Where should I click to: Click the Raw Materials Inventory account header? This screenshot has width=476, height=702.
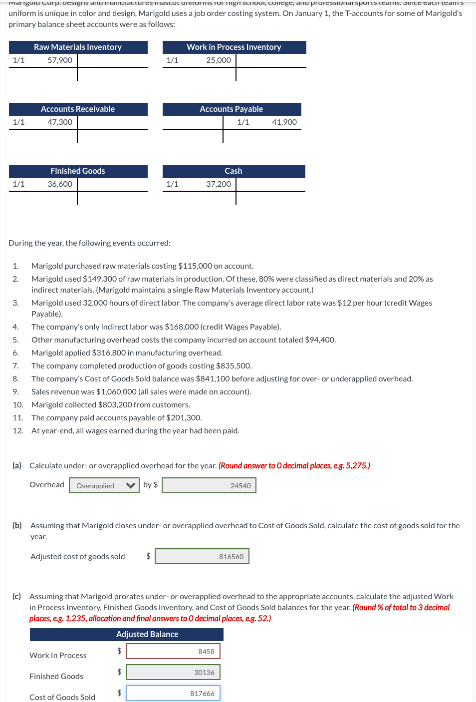click(78, 47)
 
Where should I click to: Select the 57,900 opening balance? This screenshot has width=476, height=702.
click(60, 60)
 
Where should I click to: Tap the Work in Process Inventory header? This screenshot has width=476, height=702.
click(234, 47)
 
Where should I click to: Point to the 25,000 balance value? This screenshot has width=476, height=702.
click(219, 60)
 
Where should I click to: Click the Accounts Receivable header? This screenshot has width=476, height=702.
click(78, 109)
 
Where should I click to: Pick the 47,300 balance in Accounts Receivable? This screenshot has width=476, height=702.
click(60, 122)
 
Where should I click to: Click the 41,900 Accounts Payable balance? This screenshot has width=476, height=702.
click(284, 122)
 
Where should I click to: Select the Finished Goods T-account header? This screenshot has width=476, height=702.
click(78, 171)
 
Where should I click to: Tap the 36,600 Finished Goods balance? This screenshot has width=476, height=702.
click(60, 184)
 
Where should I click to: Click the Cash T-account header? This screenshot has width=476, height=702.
click(234, 171)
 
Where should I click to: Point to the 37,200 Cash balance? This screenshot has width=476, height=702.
click(219, 184)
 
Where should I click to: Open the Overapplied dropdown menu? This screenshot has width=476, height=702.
click(104, 486)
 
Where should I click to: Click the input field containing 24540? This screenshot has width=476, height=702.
click(209, 486)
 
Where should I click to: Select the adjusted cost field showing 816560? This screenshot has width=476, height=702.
click(202, 557)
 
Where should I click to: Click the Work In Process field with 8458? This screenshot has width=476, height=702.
click(173, 652)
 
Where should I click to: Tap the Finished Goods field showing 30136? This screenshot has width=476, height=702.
click(173, 673)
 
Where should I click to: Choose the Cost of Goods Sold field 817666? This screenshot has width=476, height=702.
click(173, 694)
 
